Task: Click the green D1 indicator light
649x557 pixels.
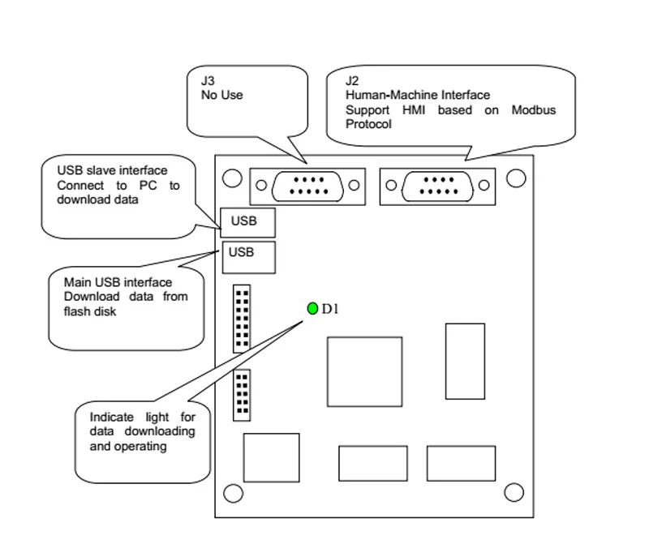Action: point(312,308)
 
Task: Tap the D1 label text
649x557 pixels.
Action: point(330,309)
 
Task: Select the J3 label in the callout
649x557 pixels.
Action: point(208,80)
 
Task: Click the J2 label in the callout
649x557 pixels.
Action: point(352,80)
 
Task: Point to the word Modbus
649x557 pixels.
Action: point(534,110)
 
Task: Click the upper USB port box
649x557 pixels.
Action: point(247,223)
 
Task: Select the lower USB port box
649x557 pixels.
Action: point(249,257)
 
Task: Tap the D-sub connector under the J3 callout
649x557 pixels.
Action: point(307,186)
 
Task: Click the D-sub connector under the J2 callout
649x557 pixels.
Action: point(437,186)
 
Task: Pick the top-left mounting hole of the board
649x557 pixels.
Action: point(232,178)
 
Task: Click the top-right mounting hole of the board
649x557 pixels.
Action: point(516,178)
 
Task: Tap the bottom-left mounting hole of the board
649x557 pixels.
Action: point(233,493)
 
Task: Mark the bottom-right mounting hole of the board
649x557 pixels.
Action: point(514,492)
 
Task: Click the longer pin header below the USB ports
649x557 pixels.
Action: point(242,319)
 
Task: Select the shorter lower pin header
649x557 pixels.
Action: point(242,396)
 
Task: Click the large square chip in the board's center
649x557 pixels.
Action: point(364,372)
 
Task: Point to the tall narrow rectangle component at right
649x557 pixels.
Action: point(465,362)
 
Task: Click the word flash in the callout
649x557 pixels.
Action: point(75,311)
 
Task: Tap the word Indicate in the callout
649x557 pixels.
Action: point(112,417)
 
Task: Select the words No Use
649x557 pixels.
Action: point(221,95)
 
